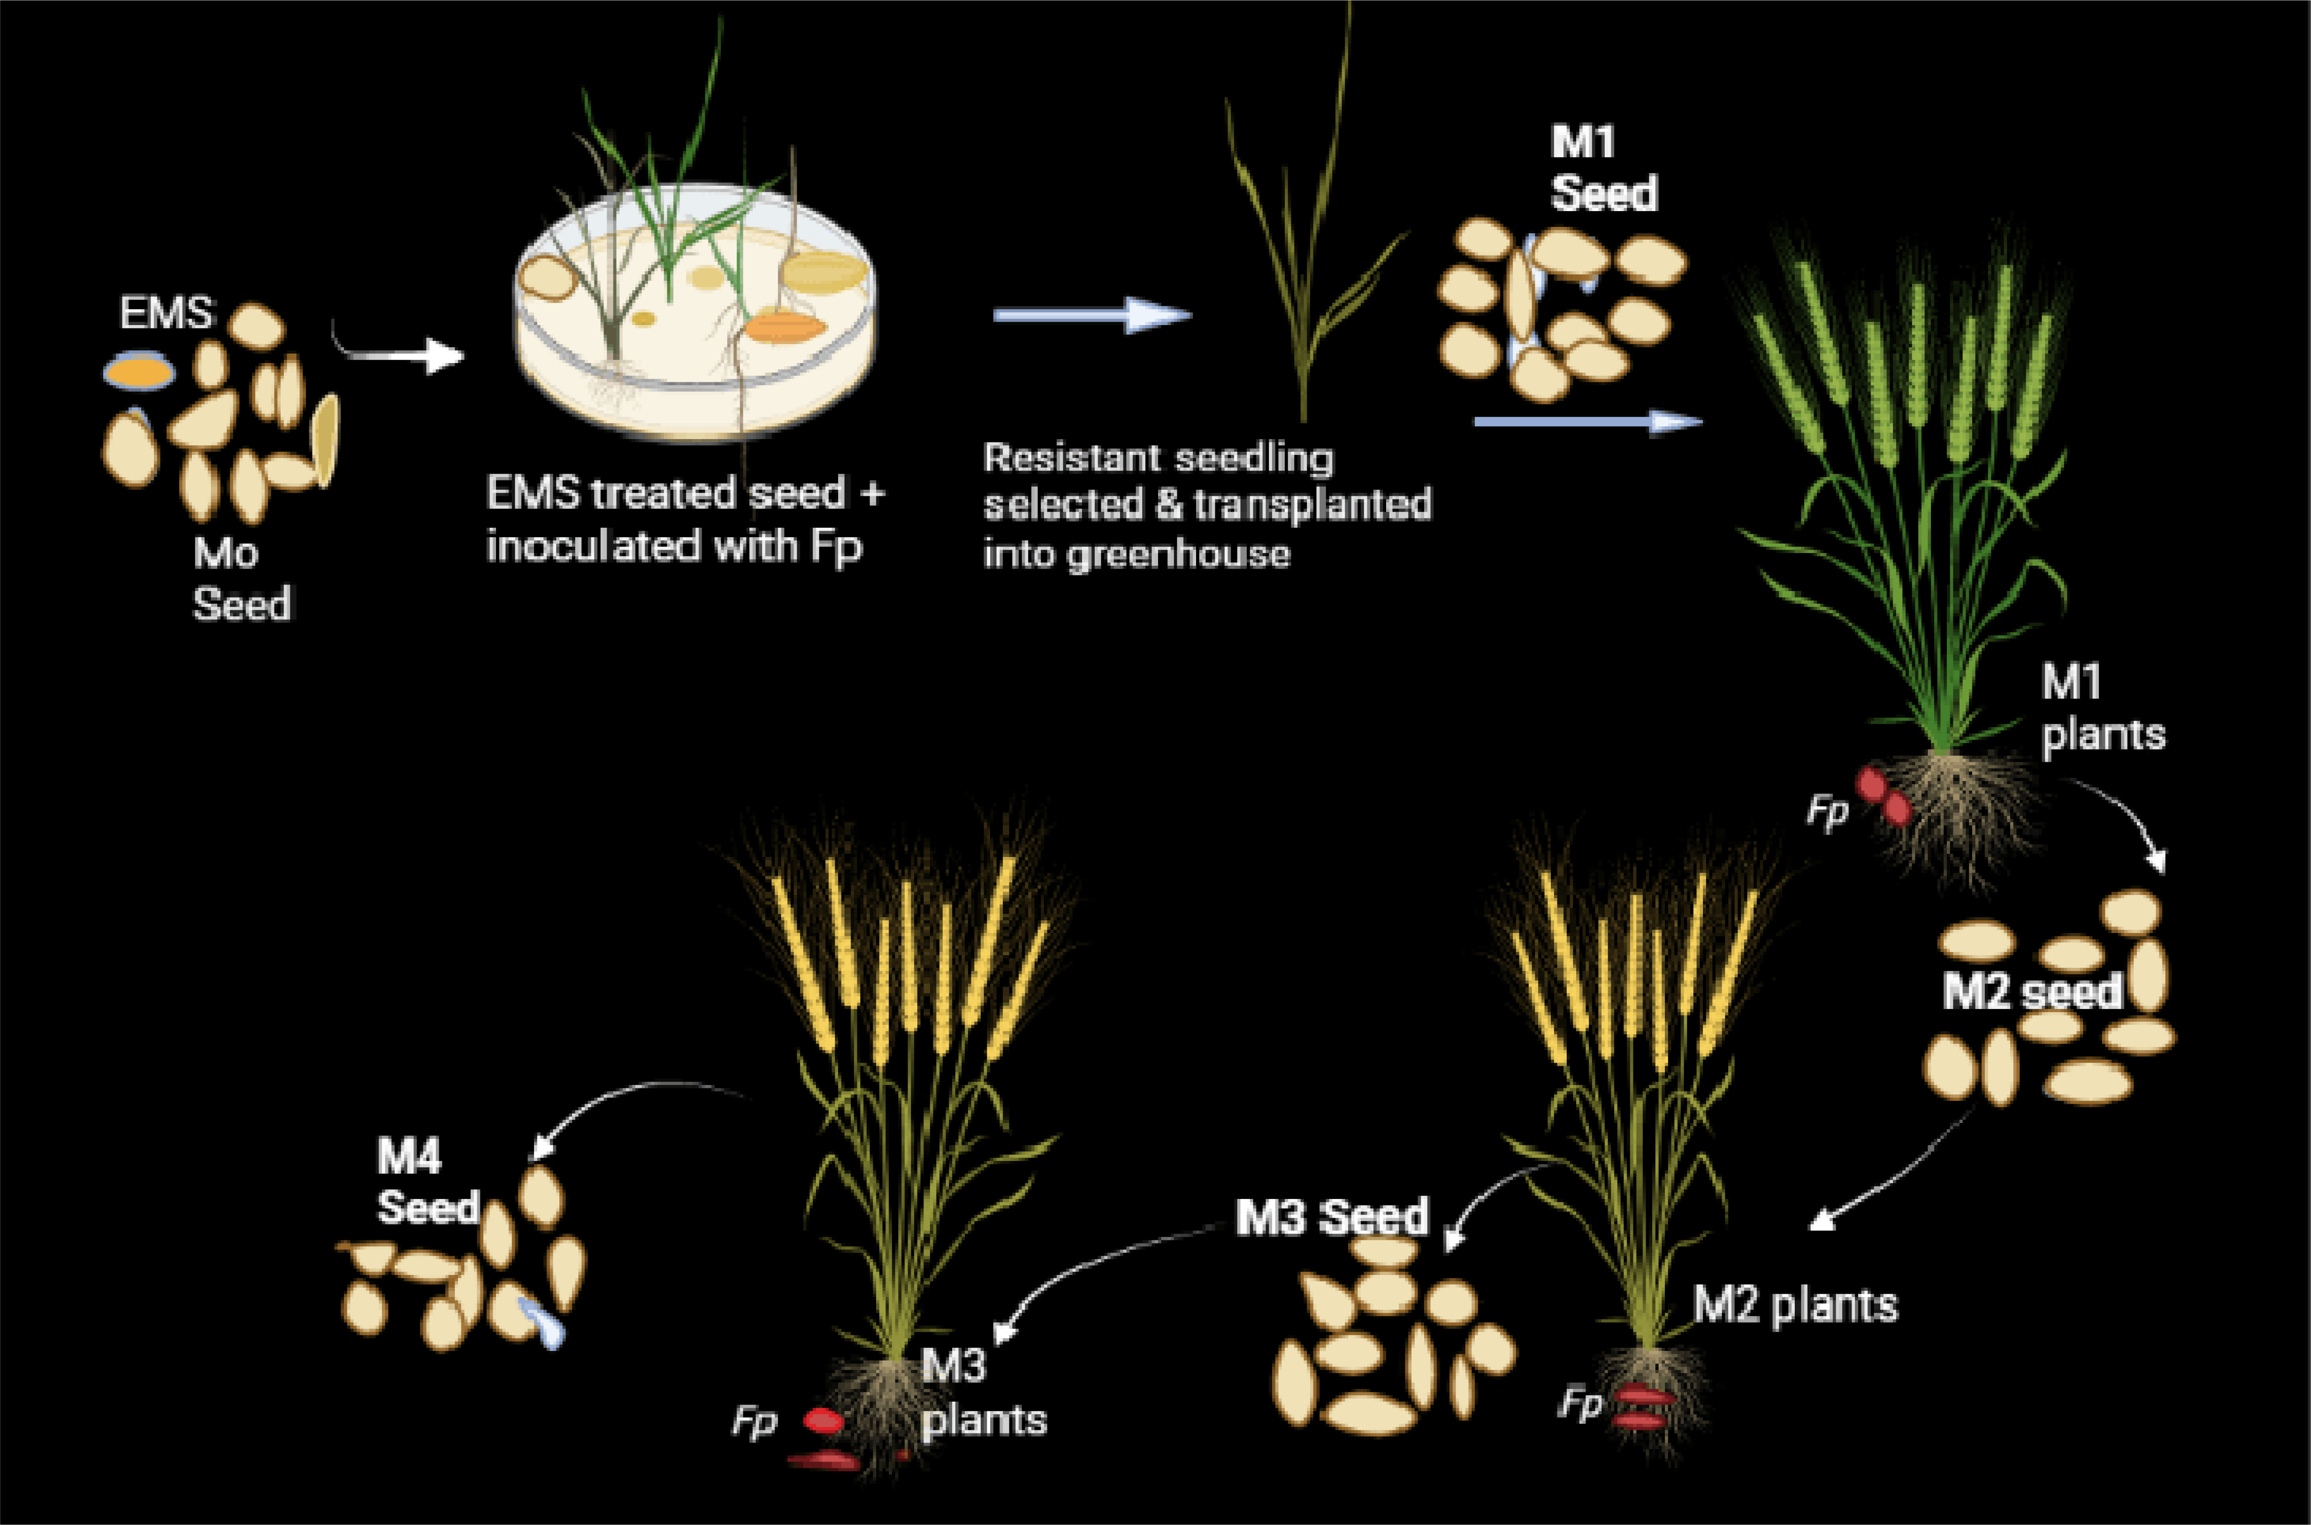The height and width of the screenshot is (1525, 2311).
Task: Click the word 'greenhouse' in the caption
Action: pyautogui.click(x=1179, y=554)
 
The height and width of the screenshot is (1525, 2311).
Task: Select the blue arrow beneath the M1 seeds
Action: pyautogui.click(x=1588, y=421)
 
